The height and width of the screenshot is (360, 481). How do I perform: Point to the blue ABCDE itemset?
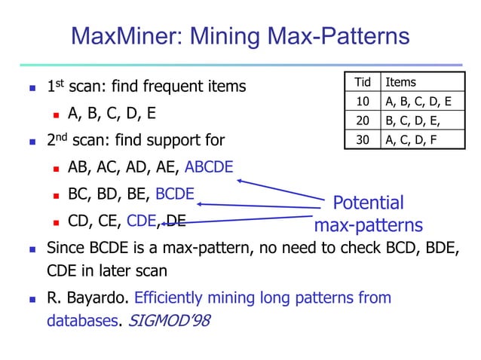(x=209, y=167)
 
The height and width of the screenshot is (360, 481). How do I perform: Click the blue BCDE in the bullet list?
(x=175, y=194)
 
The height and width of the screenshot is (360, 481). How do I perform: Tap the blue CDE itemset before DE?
(x=141, y=221)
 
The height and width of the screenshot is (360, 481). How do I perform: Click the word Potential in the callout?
(x=368, y=203)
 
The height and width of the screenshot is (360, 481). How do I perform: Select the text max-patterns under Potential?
(x=368, y=225)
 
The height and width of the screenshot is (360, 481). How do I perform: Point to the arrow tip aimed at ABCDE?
(x=239, y=180)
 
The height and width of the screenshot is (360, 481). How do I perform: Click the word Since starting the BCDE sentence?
(x=66, y=247)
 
